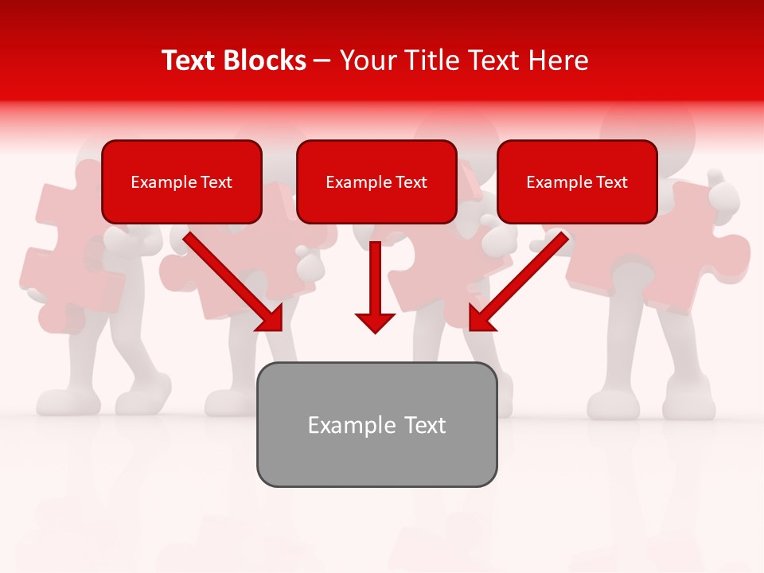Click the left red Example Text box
point(181,181)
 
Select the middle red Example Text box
point(376,181)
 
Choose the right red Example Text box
point(577,181)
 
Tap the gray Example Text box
point(376,424)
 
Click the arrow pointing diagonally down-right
point(231,279)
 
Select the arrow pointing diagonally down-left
point(521,279)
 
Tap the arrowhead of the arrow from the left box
point(271,318)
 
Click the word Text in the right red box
point(611,182)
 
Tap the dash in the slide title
point(323,61)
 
